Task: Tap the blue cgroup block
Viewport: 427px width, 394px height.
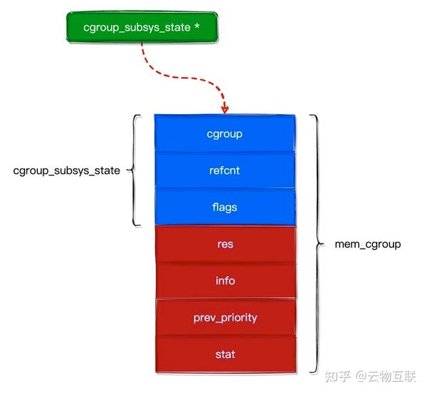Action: click(225, 133)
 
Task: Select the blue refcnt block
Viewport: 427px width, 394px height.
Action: click(225, 170)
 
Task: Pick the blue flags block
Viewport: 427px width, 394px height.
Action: click(225, 207)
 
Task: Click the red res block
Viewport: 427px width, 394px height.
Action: click(225, 244)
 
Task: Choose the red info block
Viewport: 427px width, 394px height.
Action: click(225, 281)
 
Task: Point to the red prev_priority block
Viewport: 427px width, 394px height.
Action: click(225, 318)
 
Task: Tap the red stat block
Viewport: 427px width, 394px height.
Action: click(225, 354)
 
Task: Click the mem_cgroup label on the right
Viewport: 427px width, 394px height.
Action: click(368, 244)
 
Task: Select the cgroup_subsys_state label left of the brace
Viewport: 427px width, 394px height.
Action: click(67, 171)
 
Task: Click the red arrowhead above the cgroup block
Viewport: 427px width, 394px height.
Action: click(225, 109)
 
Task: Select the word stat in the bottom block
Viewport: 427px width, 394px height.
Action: click(225, 354)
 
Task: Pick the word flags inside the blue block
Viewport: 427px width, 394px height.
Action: click(225, 207)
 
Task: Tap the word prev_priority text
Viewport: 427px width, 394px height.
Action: click(225, 318)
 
